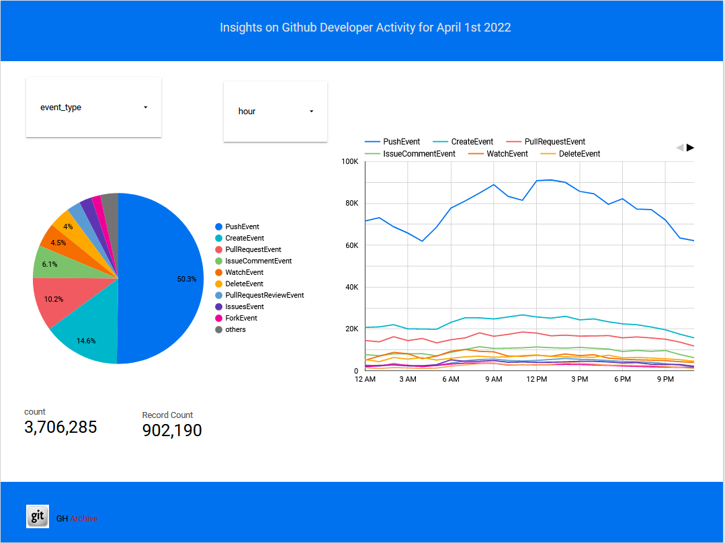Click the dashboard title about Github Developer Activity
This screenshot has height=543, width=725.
[x=366, y=28]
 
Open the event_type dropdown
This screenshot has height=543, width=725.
[x=93, y=108]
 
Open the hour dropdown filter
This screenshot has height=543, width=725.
[x=275, y=112]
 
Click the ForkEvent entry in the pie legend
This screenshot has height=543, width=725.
[x=241, y=318]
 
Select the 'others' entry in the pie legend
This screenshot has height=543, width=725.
[x=235, y=329]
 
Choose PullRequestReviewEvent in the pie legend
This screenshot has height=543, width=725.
[x=265, y=295]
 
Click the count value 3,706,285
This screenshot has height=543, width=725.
[x=60, y=427]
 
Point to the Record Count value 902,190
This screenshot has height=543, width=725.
[x=172, y=430]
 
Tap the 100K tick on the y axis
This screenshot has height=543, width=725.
[x=350, y=161]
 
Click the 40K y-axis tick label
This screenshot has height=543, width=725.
[x=350, y=287]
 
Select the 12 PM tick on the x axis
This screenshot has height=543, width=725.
[x=536, y=380]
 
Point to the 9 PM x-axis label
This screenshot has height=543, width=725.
[x=665, y=380]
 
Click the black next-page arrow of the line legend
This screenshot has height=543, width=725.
[x=690, y=147]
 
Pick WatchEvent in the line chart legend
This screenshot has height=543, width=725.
[x=507, y=154]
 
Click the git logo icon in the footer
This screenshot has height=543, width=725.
[x=38, y=516]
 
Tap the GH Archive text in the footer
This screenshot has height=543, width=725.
[x=77, y=518]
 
